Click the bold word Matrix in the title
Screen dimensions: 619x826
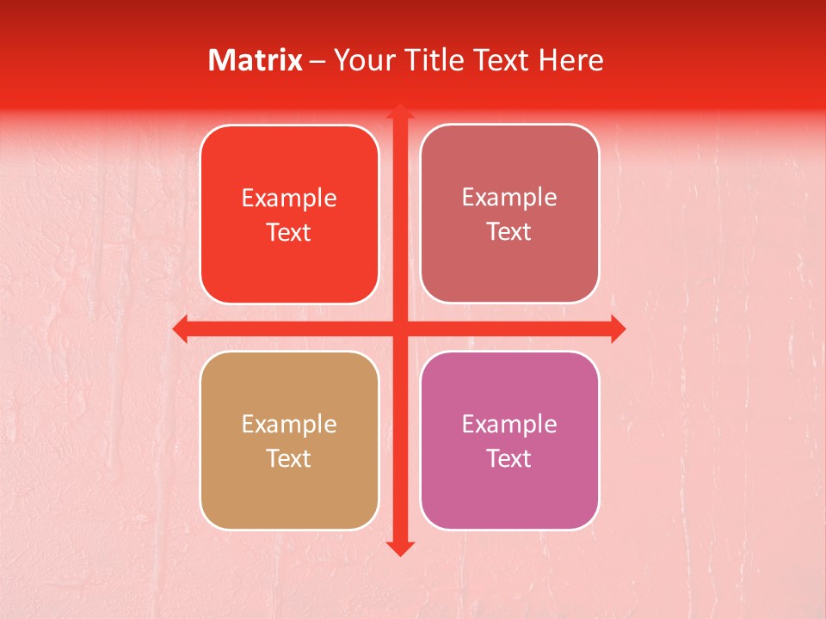[x=256, y=60]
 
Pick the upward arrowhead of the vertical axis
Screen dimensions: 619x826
[x=400, y=112]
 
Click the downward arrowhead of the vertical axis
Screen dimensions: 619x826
[x=400, y=549]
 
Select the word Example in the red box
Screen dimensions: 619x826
[x=289, y=199]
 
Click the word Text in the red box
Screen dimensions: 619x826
[x=289, y=232]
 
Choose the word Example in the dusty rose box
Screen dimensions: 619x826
[x=509, y=198]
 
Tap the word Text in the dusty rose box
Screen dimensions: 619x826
[x=509, y=231]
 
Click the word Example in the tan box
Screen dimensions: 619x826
[x=289, y=425]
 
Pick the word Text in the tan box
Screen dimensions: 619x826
[x=289, y=458]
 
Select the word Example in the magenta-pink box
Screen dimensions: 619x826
[x=509, y=425]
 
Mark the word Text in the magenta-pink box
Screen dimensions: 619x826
[x=509, y=458]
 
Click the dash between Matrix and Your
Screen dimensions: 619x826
[x=317, y=61]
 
